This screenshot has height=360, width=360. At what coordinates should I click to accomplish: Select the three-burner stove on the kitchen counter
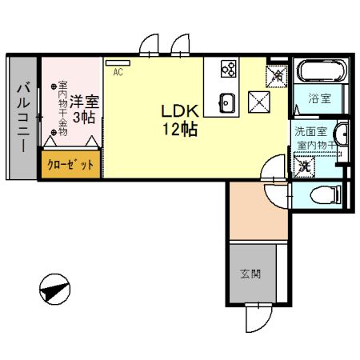click(x=229, y=70)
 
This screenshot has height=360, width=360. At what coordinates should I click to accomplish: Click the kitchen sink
click(x=226, y=102)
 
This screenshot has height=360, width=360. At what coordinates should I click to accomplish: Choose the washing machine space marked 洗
click(x=304, y=167)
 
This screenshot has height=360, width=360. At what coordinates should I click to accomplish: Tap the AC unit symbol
click(x=117, y=63)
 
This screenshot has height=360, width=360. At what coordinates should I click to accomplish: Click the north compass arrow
click(x=54, y=289)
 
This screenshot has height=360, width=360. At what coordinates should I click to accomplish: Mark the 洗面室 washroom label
click(x=310, y=132)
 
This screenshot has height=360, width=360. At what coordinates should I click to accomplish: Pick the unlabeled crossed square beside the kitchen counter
click(x=259, y=102)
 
